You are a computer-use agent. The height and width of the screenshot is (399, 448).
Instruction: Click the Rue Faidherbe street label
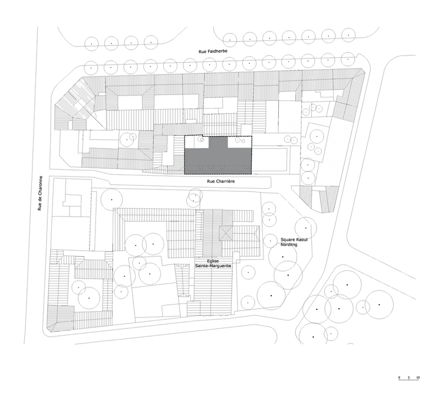coord(213,51)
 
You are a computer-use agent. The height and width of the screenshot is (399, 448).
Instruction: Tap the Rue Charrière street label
coord(221,181)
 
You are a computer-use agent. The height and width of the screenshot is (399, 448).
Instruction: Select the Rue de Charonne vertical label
coord(39,193)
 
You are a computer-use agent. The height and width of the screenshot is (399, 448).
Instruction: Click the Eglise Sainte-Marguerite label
coord(213,263)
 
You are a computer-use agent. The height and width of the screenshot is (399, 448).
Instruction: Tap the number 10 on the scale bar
coord(418,378)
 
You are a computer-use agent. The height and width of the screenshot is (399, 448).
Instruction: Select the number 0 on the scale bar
coord(400,378)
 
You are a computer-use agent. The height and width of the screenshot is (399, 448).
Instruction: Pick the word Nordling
coord(289,245)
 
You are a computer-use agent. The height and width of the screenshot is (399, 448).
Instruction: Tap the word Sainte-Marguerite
coord(213,266)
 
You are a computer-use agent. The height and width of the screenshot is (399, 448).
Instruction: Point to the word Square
coord(287,240)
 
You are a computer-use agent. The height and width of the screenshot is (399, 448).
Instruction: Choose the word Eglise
coord(213,261)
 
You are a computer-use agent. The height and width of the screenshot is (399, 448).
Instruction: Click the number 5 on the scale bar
coord(409,378)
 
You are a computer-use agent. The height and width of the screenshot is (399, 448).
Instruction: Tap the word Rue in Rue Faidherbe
coord(202,51)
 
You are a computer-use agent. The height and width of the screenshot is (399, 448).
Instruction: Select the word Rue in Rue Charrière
coord(210,181)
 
